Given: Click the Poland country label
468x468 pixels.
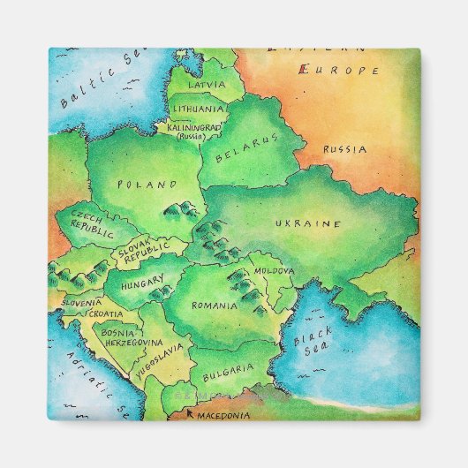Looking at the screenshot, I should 147,185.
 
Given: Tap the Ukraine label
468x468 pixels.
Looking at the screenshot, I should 307,224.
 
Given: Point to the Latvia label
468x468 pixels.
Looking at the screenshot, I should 207,86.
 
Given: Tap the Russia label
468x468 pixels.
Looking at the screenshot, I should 344,150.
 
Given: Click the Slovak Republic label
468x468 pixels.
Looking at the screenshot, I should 141,253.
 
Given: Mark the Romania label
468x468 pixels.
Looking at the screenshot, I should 215,306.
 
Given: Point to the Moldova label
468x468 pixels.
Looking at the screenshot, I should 274,270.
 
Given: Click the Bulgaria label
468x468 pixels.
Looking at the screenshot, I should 228,368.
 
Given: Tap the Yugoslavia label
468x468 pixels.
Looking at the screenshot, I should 160,360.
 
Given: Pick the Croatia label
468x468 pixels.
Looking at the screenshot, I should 106,313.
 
